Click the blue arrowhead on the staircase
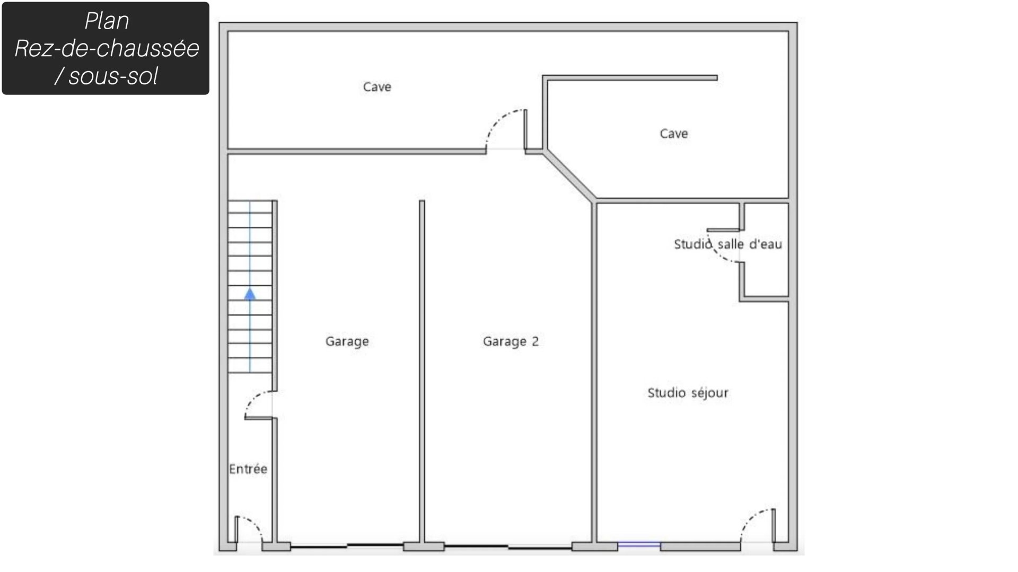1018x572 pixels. coord(250,294)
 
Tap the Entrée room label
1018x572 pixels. coord(248,469)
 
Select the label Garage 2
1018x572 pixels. coord(511,341)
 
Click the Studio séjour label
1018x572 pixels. coord(688,393)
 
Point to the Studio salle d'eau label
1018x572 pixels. coord(728,244)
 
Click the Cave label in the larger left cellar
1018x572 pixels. coord(377,87)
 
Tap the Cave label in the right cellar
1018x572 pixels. coord(674,134)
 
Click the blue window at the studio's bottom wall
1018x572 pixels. coord(639,544)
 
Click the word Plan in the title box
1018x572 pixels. coord(107,21)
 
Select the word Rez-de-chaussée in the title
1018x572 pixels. coord(107,48)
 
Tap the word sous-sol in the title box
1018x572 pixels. coord(113,76)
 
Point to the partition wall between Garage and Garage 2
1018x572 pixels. coord(422,371)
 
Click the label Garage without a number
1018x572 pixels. coord(347,341)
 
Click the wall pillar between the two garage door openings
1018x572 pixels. coord(424,547)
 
